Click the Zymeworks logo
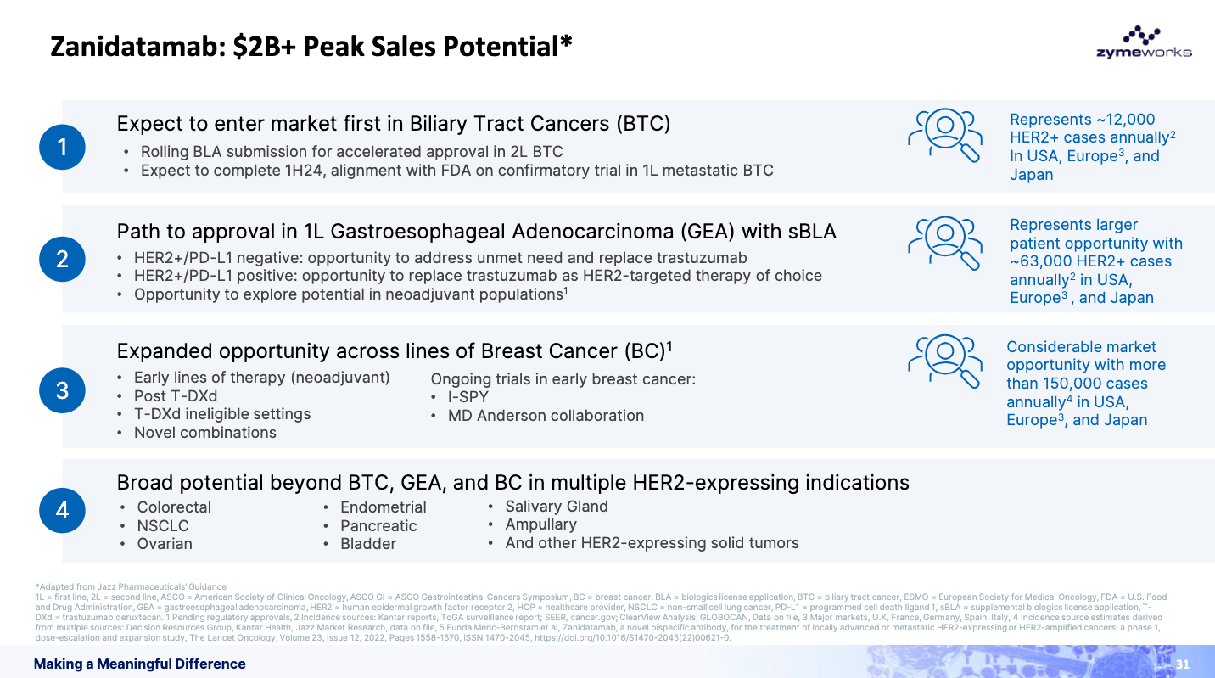[1143, 42]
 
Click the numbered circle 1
[62, 148]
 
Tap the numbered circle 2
[62, 259]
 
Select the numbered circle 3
[62, 390]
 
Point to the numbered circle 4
[62, 510]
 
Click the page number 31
[1183, 664]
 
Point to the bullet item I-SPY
[468, 397]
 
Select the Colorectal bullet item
[174, 507]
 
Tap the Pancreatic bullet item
[378, 526]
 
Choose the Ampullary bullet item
[540, 524]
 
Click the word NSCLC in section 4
[163, 526]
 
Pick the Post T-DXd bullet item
[176, 396]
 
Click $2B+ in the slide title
[265, 46]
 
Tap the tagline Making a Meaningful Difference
[140, 664]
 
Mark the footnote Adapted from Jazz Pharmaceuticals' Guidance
[131, 586]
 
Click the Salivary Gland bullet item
[556, 507]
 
